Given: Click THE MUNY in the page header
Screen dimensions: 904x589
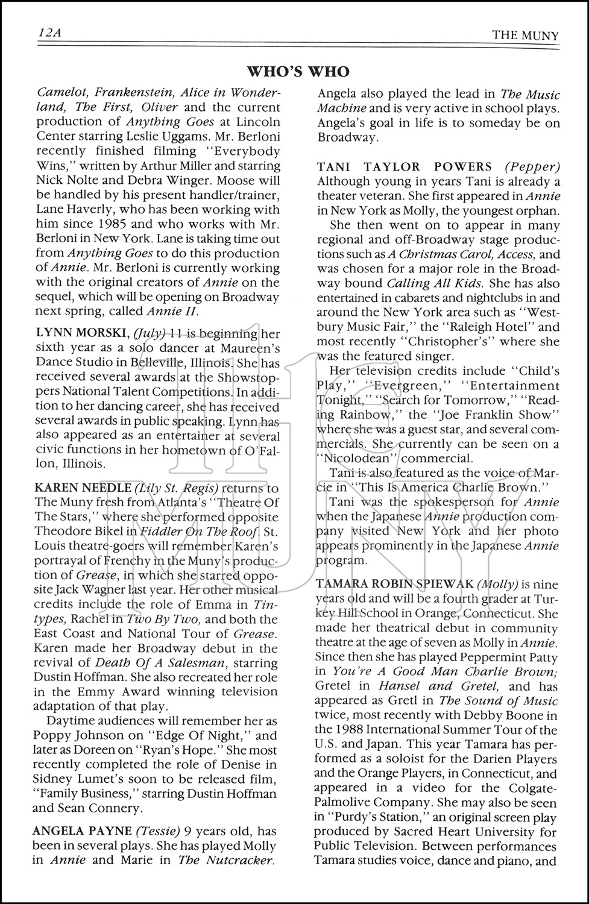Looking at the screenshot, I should tap(525, 35).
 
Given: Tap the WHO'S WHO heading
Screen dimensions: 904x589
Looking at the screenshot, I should tap(298, 72).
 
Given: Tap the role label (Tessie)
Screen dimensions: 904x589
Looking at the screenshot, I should tap(156, 831).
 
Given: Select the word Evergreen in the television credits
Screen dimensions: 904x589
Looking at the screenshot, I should tap(399, 386).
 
